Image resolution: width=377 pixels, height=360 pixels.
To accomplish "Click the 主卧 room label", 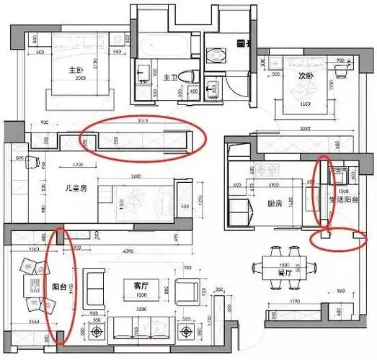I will coord(73,71).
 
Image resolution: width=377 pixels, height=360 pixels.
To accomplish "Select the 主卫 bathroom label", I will coord(170,77).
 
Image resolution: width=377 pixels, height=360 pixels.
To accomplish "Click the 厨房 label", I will coord(274,203).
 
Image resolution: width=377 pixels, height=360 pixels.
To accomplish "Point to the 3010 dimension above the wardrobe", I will coord(142,122).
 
